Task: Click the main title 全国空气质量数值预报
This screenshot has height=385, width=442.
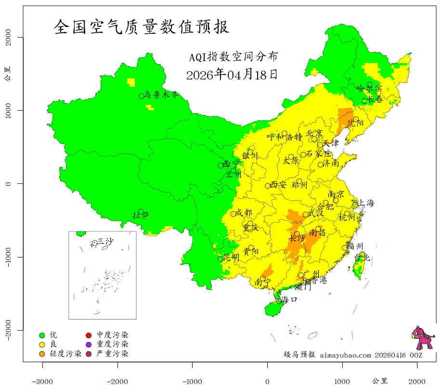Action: [142, 27]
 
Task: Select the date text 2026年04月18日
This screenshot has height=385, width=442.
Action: [232, 75]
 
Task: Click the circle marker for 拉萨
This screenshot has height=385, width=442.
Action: [141, 212]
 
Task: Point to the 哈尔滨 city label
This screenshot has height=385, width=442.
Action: [369, 88]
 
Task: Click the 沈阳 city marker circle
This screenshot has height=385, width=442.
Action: [356, 120]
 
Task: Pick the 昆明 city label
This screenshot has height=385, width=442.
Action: [231, 257]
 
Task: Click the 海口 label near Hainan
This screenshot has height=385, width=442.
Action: [289, 299]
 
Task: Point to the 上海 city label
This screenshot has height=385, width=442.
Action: [366, 203]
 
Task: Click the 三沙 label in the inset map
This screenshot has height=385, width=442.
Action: [105, 241]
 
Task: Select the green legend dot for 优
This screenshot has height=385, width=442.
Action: [42, 335]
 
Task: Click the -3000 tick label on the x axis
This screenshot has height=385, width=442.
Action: [42, 381]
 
